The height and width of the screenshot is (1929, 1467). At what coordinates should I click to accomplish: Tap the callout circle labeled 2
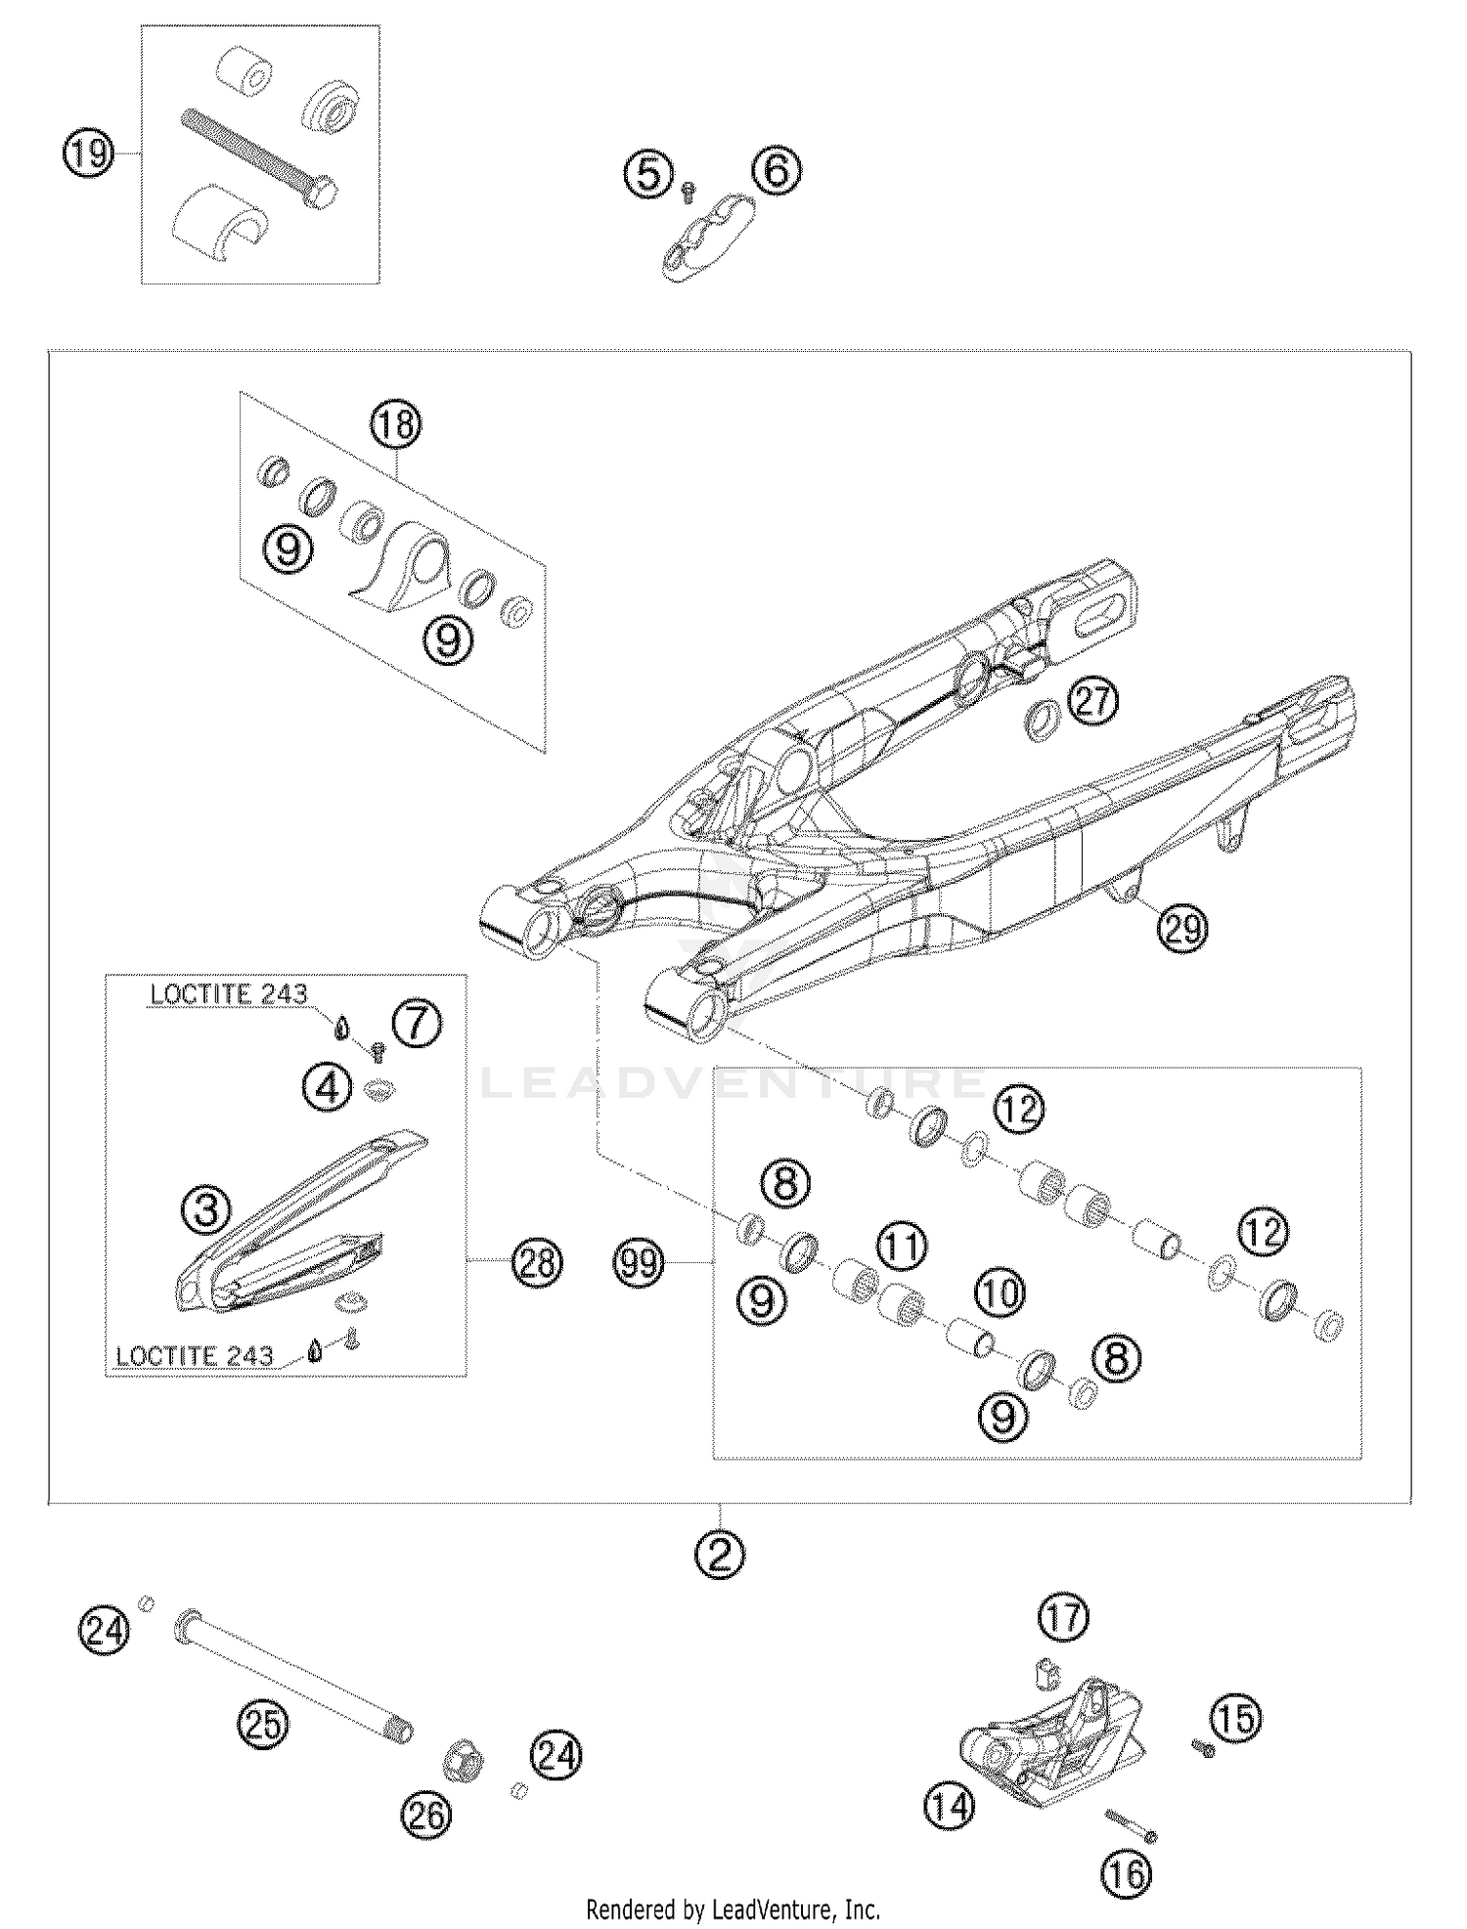click(720, 1553)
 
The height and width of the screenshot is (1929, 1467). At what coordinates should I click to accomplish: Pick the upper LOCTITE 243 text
click(228, 994)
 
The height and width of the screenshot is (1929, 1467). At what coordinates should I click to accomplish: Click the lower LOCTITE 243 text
click(194, 1356)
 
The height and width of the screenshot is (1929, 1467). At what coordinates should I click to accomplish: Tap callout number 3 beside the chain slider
click(206, 1210)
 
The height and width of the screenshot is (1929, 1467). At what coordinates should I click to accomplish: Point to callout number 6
click(777, 171)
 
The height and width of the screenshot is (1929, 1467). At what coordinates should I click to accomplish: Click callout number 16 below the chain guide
click(1127, 1874)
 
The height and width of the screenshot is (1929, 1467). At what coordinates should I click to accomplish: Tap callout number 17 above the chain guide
click(1064, 1617)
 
